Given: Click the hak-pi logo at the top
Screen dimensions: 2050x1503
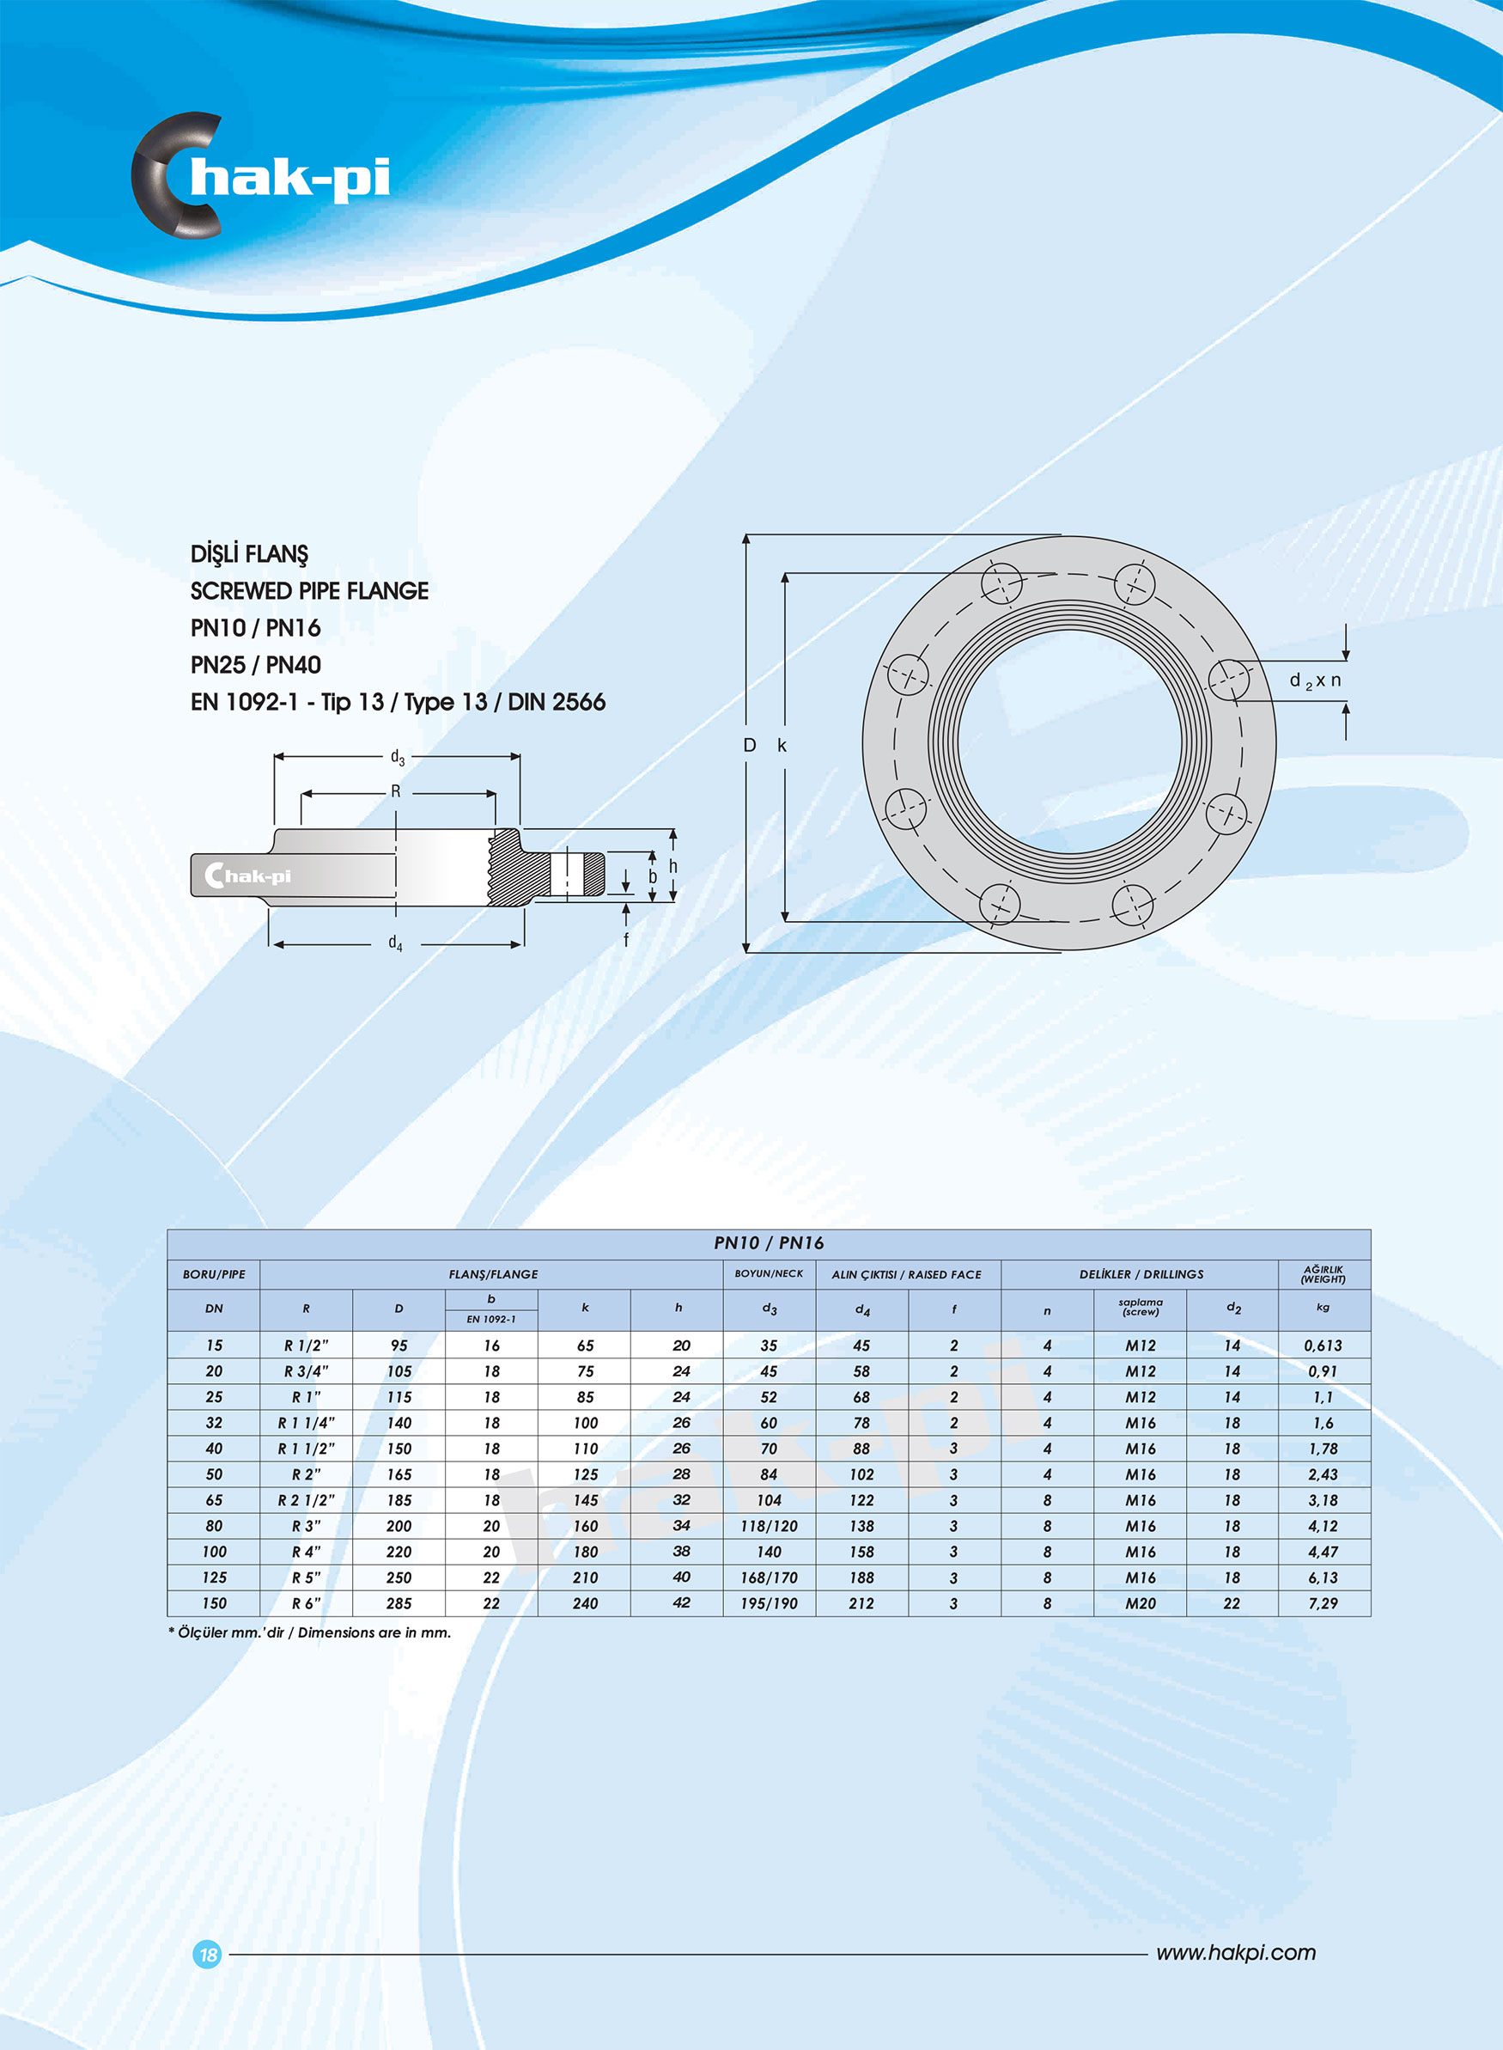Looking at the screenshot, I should tap(262, 175).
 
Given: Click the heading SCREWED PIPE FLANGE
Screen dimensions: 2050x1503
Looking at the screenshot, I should tap(309, 590).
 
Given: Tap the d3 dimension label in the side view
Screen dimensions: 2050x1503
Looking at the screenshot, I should tap(397, 757).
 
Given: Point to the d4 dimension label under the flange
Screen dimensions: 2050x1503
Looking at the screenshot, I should tap(395, 943).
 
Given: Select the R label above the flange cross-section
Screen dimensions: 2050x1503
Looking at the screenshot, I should tap(396, 791).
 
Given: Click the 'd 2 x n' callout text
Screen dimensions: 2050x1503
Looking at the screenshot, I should tap(1315, 680).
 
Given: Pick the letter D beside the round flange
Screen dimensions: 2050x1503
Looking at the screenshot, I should tap(750, 745).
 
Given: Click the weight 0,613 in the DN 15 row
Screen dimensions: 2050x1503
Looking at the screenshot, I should tap(1323, 1345).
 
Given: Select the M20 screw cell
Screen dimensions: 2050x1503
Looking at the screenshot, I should tap(1140, 1603).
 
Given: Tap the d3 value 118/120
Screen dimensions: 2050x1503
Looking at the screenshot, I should tap(769, 1526).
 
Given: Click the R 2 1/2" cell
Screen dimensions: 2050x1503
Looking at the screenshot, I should tap(306, 1499).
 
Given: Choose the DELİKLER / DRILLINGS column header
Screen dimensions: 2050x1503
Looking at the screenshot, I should tap(1141, 1275).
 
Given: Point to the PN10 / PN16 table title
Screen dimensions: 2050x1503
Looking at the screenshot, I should tap(769, 1243).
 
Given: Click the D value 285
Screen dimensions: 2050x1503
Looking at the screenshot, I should tap(399, 1603).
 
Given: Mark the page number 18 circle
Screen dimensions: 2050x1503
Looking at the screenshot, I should tap(209, 1954).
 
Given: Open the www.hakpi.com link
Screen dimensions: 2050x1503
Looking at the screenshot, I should tap(1236, 1953).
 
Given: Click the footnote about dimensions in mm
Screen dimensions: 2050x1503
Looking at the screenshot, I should tap(309, 1632).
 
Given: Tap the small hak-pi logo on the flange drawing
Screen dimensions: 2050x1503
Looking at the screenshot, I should tap(247, 876).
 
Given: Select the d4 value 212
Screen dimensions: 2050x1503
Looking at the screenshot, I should tap(861, 1603).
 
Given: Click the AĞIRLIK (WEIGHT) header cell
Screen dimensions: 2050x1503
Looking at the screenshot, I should tap(1323, 1274).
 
